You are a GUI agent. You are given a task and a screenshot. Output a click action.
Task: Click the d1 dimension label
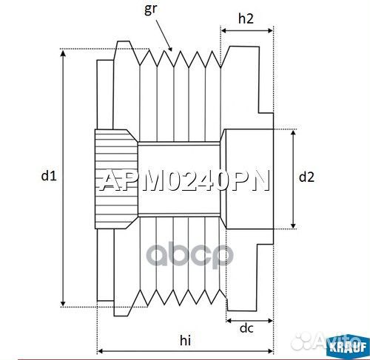48,176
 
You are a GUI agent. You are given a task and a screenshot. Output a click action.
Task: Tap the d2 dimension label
306,177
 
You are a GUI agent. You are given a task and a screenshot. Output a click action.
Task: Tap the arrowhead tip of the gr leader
172,50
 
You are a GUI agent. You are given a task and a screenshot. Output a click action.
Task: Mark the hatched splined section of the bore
115,177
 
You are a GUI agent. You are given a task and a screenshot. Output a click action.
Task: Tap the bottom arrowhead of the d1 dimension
64,304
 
